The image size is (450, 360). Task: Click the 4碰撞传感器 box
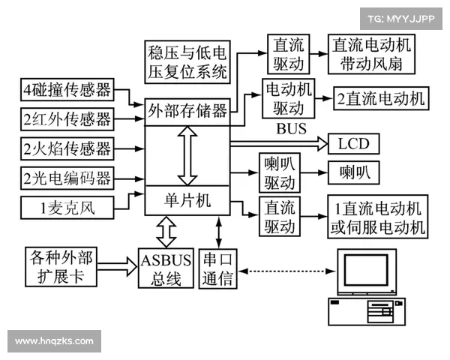click(x=67, y=91)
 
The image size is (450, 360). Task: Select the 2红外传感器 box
click(x=67, y=118)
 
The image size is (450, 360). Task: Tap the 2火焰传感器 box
click(x=67, y=147)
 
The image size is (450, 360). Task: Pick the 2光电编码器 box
click(x=67, y=177)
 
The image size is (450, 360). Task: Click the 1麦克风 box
click(x=67, y=205)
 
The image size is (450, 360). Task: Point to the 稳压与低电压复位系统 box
click(x=187, y=62)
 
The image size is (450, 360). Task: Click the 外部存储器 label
click(x=187, y=112)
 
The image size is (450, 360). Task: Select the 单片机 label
click(x=187, y=201)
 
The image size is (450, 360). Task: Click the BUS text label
click(x=291, y=128)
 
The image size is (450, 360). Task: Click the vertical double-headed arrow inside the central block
click(x=187, y=155)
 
